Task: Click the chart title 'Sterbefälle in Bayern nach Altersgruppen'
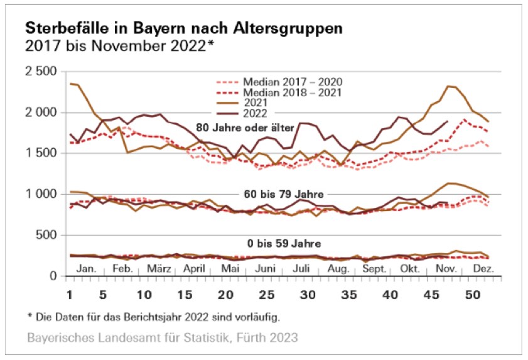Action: pos(185,29)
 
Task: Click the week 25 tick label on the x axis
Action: pos(267,293)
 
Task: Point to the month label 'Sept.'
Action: pos(375,269)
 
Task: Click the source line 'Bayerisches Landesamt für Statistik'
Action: pos(163,338)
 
